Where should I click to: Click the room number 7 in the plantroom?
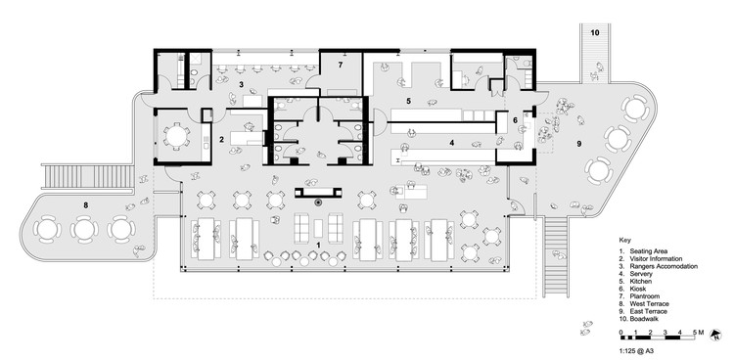point(341,66)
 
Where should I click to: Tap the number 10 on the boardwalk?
point(594,32)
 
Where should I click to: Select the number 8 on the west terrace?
point(86,204)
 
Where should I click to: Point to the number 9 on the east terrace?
point(578,144)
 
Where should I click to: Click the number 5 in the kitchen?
point(409,101)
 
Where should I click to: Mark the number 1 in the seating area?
point(318,245)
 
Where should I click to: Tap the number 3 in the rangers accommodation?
point(241,85)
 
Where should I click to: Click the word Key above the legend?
point(624,240)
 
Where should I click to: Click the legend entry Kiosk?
point(637,289)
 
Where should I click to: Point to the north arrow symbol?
point(714,335)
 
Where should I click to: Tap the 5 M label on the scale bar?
point(698,333)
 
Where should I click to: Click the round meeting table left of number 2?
point(176,136)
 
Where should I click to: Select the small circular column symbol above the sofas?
point(318,202)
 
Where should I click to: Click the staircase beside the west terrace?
point(88,176)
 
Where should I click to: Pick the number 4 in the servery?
point(452,142)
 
